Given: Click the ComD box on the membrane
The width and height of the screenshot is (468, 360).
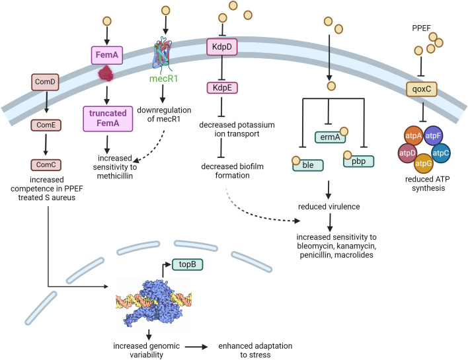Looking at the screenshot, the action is (x=45, y=82).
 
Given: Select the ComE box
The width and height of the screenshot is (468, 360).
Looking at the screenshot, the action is (x=46, y=125).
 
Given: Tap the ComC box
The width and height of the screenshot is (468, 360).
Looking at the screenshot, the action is (x=46, y=164).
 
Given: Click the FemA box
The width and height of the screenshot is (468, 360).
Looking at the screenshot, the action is (x=107, y=55).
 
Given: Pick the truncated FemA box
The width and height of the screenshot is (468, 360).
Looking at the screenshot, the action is (x=108, y=118).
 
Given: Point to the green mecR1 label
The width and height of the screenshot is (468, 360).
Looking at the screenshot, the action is (x=163, y=79).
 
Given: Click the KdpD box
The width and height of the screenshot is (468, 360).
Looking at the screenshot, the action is (x=222, y=47).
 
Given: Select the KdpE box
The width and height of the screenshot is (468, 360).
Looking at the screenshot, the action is (x=222, y=88).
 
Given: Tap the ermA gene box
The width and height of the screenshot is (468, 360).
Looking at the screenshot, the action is (x=330, y=137).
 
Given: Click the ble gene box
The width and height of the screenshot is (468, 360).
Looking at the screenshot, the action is (x=308, y=165).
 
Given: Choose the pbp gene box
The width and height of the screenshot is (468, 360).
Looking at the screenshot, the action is (x=358, y=161).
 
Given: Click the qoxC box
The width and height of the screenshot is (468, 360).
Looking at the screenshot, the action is (x=422, y=89).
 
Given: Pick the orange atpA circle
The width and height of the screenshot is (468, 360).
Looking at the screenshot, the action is (x=413, y=136).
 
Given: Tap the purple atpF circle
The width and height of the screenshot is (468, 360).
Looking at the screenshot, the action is (x=433, y=135).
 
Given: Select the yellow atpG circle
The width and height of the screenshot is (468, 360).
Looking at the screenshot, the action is (x=424, y=163).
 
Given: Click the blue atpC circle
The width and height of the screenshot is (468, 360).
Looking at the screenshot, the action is (x=441, y=153).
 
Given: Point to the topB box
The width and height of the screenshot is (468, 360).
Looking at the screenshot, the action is (x=188, y=264).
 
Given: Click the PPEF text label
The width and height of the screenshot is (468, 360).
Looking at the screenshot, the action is (x=422, y=28).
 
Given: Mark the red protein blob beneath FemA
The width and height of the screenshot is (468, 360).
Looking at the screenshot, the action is (x=106, y=74).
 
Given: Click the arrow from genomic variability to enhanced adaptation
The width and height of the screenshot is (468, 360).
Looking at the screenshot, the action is (x=196, y=347).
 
